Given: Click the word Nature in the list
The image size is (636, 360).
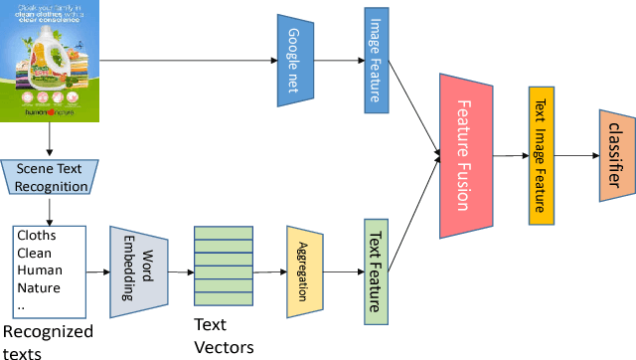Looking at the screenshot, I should tap(40, 288).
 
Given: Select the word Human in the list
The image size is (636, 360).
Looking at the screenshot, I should tap(40, 270).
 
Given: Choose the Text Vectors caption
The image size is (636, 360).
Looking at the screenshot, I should tap(223, 336).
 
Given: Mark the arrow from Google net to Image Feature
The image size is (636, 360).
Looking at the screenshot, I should tap(334, 61).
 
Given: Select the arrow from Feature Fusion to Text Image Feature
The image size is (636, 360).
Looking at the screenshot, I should tap(511, 154).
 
